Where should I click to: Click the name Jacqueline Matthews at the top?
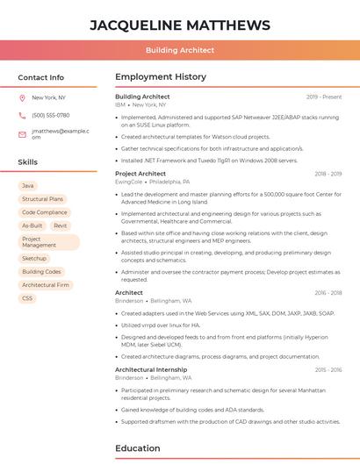tap(180, 24)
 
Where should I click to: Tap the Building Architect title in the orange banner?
tap(180, 50)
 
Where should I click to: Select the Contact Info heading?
tap(41, 77)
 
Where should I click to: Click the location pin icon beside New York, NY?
tap(22, 97)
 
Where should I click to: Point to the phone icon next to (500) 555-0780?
tap(22, 115)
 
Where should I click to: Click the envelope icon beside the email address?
tap(22, 133)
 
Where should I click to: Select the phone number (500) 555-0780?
tap(51, 115)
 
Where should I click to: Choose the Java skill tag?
tap(28, 186)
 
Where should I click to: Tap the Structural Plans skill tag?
tap(42, 199)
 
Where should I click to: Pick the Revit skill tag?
tap(61, 225)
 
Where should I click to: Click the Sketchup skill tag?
tap(34, 259)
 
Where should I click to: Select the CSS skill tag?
tap(27, 298)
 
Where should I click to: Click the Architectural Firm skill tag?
tap(46, 285)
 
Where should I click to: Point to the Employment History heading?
tap(161, 77)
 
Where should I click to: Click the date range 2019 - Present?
tap(324, 97)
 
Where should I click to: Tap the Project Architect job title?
tap(140, 174)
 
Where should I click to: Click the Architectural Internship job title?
tap(152, 369)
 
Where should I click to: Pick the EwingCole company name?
tap(129, 182)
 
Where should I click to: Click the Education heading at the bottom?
tap(138, 448)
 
